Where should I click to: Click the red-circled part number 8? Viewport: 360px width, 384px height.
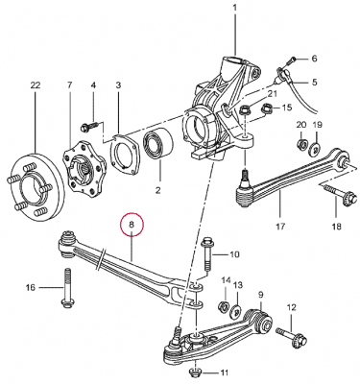[x=132, y=225]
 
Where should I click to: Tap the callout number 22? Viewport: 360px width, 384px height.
[x=36, y=85]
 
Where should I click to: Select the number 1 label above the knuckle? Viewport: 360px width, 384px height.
[x=235, y=7]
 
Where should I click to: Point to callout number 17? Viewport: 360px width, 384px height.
[x=280, y=227]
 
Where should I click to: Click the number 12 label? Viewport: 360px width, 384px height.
[x=292, y=308]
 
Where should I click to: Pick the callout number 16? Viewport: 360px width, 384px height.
[x=31, y=288]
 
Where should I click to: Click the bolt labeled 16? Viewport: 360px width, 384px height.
[x=66, y=288]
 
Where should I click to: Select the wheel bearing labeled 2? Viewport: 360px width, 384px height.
[x=157, y=143]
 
